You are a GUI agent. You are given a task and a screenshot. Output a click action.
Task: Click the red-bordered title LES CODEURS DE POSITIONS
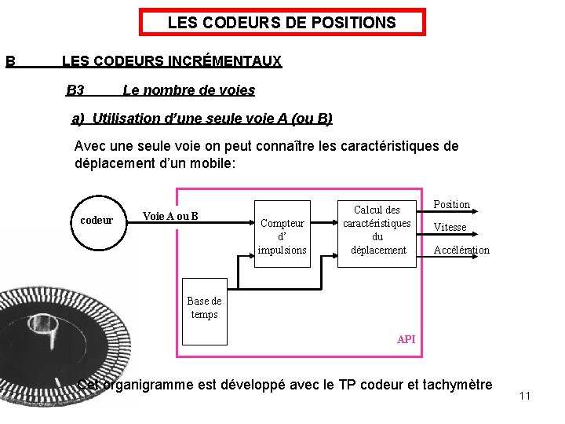coord(282,23)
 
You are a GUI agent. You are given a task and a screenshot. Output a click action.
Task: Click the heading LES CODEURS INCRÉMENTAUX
coord(171,61)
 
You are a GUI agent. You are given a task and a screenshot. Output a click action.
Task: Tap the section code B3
coord(75,90)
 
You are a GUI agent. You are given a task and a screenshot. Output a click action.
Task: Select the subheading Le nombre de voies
coord(188,90)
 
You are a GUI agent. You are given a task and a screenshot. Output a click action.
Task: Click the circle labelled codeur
coord(97,221)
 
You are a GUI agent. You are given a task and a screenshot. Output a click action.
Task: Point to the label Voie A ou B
coord(170,217)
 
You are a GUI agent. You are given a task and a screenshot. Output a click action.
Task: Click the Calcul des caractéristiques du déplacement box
coord(377,230)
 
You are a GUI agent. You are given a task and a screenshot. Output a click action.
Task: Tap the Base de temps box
coord(204,307)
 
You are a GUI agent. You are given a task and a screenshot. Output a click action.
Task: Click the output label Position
coord(452,205)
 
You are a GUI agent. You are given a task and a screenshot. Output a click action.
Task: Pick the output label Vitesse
coord(450,228)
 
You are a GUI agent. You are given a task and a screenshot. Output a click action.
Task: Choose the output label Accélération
coord(461,250)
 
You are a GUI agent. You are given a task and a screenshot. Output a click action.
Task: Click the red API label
coord(406,339)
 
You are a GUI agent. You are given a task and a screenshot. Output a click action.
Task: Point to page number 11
coord(525,396)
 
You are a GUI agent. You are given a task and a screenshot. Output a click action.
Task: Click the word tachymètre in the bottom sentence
coord(457,385)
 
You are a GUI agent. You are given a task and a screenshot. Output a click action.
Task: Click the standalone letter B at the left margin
coord(10,61)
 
